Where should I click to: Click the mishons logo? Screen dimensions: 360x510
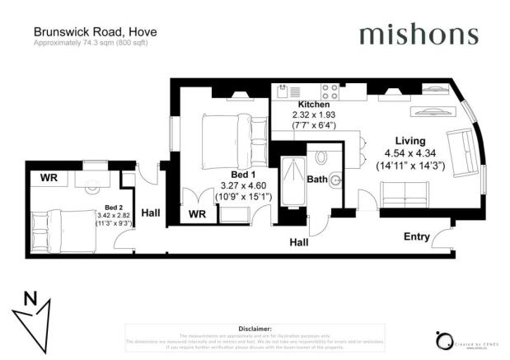[418, 35]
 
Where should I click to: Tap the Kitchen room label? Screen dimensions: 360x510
[313, 105]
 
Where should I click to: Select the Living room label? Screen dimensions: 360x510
[409, 140]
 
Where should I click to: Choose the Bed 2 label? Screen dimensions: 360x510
[114, 209]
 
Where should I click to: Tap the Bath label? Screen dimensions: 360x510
[316, 178]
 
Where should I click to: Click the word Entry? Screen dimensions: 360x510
[416, 237]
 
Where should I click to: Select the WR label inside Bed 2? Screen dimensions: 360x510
[48, 177]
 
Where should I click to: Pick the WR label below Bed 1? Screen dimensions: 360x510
[197, 214]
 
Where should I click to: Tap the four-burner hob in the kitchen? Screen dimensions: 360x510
[330, 91]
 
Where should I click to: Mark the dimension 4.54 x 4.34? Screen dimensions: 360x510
[409, 152]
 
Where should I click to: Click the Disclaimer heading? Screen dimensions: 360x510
[255, 328]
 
